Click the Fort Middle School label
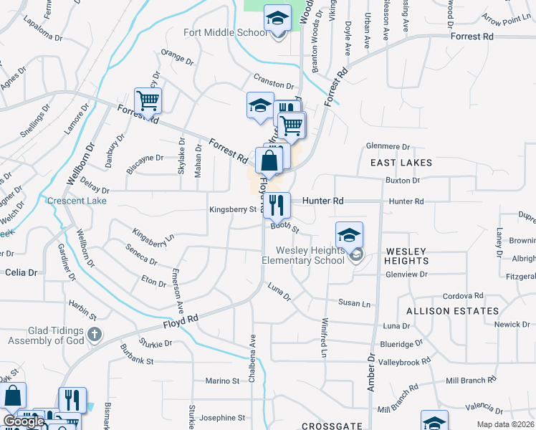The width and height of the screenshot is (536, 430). tap(225, 32)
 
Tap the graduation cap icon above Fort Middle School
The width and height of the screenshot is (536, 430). tap(277, 19)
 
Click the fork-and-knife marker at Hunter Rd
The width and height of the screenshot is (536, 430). tap(277, 205)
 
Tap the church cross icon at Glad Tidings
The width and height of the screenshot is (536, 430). tap(95, 334)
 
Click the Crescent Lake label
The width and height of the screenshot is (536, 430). tap(77, 201)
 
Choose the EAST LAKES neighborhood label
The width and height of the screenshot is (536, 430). tap(401, 163)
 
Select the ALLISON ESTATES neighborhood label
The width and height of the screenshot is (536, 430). tap(452, 311)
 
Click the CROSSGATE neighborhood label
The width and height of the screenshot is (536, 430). tap(332, 426)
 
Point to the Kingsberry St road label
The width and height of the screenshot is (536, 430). tap(233, 210)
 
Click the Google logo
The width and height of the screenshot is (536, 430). tap(24, 421)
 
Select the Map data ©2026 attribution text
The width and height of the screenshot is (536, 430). tap(506, 424)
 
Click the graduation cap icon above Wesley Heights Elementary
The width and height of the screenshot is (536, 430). tap(349, 236)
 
